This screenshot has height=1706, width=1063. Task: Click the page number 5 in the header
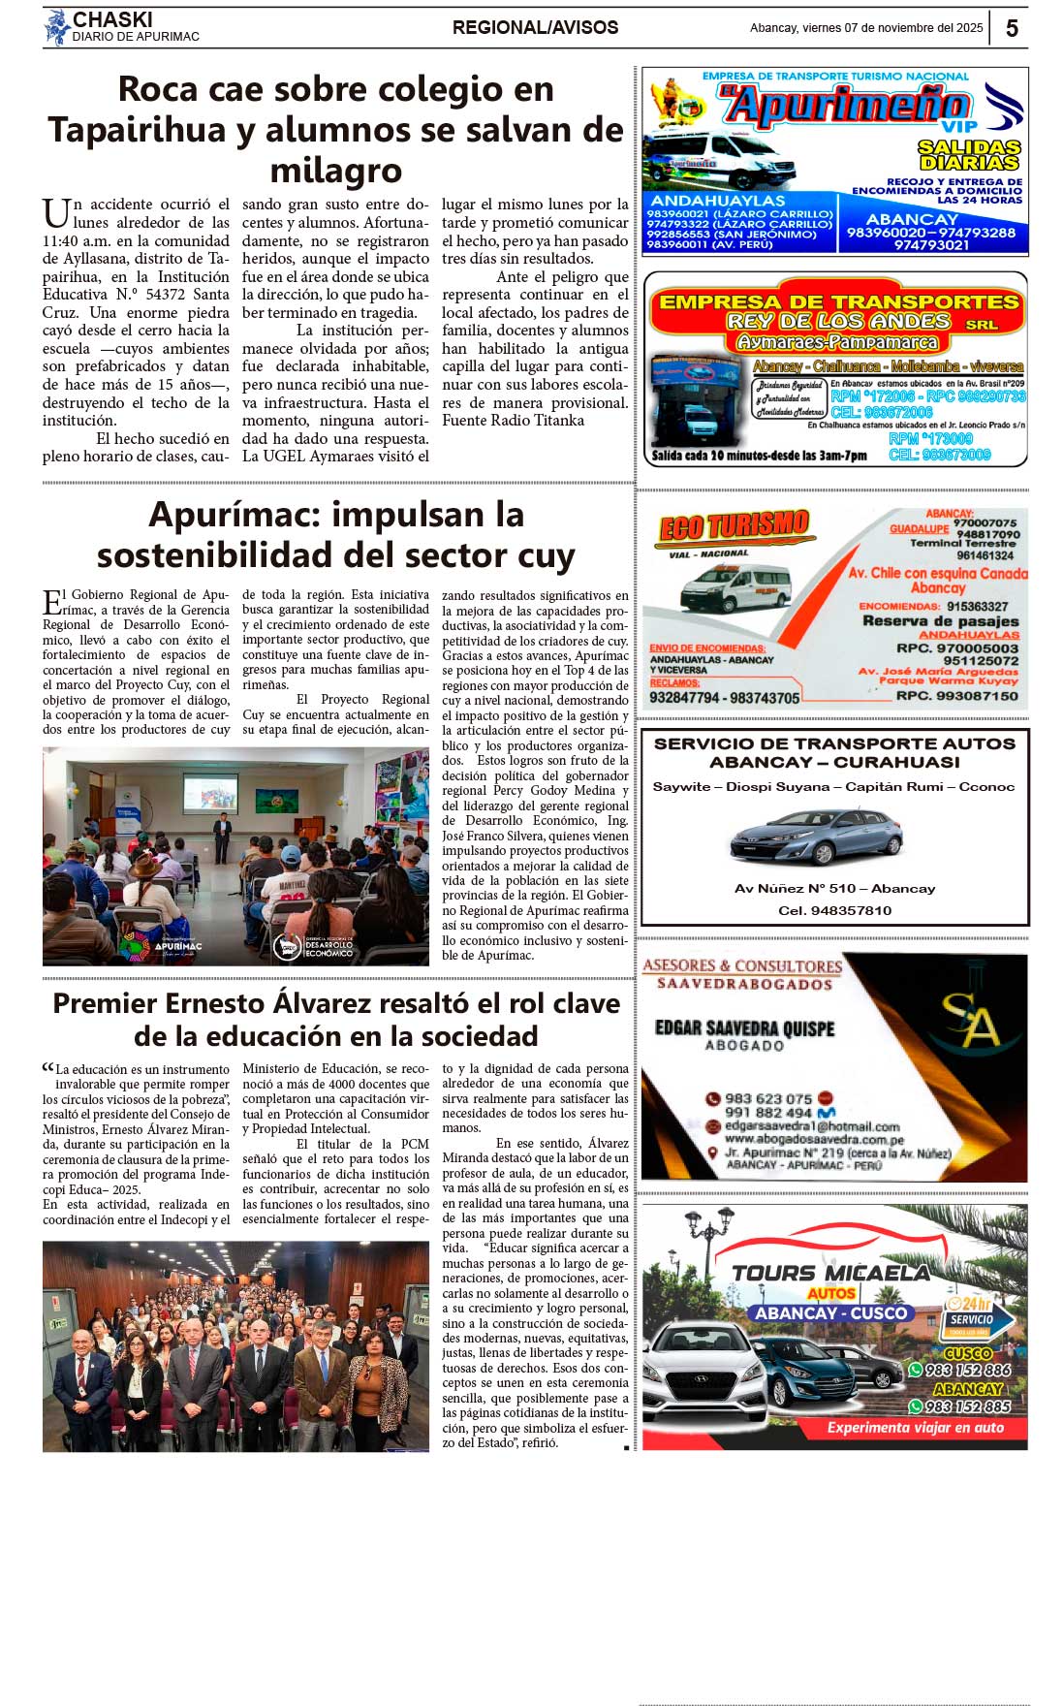(x=1012, y=28)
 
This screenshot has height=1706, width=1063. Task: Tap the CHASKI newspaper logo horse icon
(x=57, y=27)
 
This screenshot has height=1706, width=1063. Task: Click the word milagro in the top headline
(x=335, y=171)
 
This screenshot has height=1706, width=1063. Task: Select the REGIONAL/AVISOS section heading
(x=535, y=28)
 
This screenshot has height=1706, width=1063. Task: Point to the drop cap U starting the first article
(x=55, y=213)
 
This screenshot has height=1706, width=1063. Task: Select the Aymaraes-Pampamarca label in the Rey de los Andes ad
(x=836, y=342)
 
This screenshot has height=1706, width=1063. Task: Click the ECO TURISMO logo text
(x=734, y=526)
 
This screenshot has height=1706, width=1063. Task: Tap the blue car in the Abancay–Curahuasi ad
(x=816, y=837)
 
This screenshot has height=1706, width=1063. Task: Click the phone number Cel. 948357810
(x=834, y=910)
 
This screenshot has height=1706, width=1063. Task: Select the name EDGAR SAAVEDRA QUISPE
(x=744, y=1027)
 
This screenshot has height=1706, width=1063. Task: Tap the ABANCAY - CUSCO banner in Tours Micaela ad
(x=831, y=1313)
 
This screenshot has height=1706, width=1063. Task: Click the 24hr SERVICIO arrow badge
(x=977, y=1318)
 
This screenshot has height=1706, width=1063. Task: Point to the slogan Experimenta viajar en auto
(x=915, y=1428)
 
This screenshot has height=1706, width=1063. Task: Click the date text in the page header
(x=865, y=28)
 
